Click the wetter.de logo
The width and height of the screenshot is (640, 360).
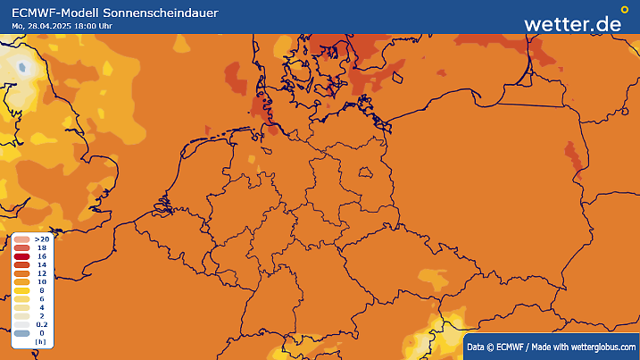pyautogui.click(x=572, y=23)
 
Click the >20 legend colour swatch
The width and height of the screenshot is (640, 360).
pyautogui.click(x=21, y=240)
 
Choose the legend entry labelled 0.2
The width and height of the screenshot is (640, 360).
pyautogui.click(x=41, y=323)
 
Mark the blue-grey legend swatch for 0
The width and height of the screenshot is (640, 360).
pyautogui.click(x=21, y=333)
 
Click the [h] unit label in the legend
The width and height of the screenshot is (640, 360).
pyautogui.click(x=40, y=342)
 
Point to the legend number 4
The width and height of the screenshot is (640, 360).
pyautogui.click(x=41, y=306)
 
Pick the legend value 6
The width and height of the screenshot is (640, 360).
pyautogui.click(x=41, y=297)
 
